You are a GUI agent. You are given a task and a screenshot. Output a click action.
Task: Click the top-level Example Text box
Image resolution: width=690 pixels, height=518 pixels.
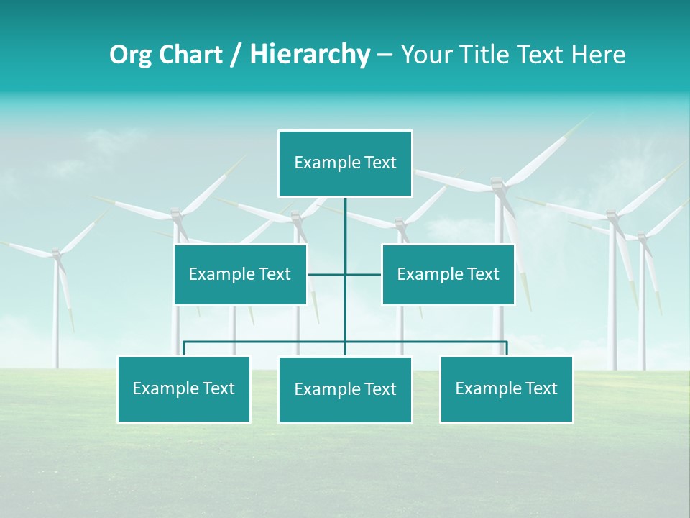pyautogui.click(x=345, y=163)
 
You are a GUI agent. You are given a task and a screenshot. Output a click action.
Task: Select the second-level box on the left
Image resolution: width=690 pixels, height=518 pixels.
pyautogui.click(x=240, y=274)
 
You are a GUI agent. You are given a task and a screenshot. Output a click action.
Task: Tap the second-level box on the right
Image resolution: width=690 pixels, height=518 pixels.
pyautogui.click(x=448, y=274)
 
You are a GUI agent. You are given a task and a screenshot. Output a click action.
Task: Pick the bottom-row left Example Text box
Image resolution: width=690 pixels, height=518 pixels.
pyautogui.click(x=184, y=389)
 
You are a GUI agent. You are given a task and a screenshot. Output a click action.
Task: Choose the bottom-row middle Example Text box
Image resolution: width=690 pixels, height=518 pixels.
pyautogui.click(x=345, y=390)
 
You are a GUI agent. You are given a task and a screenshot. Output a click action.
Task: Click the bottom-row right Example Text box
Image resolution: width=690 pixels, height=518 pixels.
pyautogui.click(x=506, y=389)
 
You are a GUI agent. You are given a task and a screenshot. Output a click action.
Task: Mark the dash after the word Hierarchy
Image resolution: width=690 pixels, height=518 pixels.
pyautogui.click(x=385, y=55)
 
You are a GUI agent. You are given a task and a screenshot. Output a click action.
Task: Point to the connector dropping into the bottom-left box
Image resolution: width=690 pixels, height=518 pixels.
pyautogui.click(x=184, y=348)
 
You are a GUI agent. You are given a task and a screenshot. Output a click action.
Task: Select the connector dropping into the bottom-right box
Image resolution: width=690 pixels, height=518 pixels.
pyautogui.click(x=506, y=348)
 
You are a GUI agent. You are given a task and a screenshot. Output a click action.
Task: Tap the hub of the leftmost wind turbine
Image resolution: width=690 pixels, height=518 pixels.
pyautogui.click(x=56, y=254)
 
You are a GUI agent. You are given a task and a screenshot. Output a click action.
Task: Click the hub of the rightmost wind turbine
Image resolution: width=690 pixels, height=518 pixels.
pyautogui.click(x=642, y=235)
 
